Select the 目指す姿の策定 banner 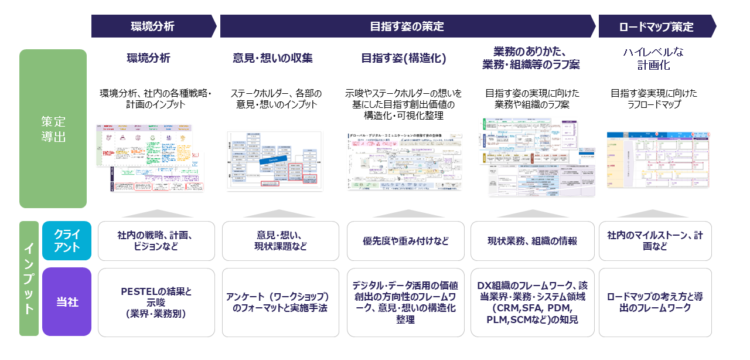tap(407, 26)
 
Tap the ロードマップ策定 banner tap(656, 26)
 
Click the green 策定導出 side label tap(53, 128)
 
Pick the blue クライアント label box tap(67, 240)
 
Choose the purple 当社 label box tap(67, 302)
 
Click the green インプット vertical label tap(29, 279)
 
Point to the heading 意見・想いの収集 tap(272, 58)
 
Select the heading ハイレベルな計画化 tap(653, 59)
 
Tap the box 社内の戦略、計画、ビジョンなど tap(155, 240)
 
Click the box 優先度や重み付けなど tap(405, 241)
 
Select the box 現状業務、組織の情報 tap(532, 241)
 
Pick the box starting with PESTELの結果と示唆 tap(155, 303)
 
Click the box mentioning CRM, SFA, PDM tap(532, 303)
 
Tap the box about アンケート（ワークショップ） tap(280, 303)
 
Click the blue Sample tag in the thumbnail tap(272, 159)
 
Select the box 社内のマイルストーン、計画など tap(654, 241)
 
